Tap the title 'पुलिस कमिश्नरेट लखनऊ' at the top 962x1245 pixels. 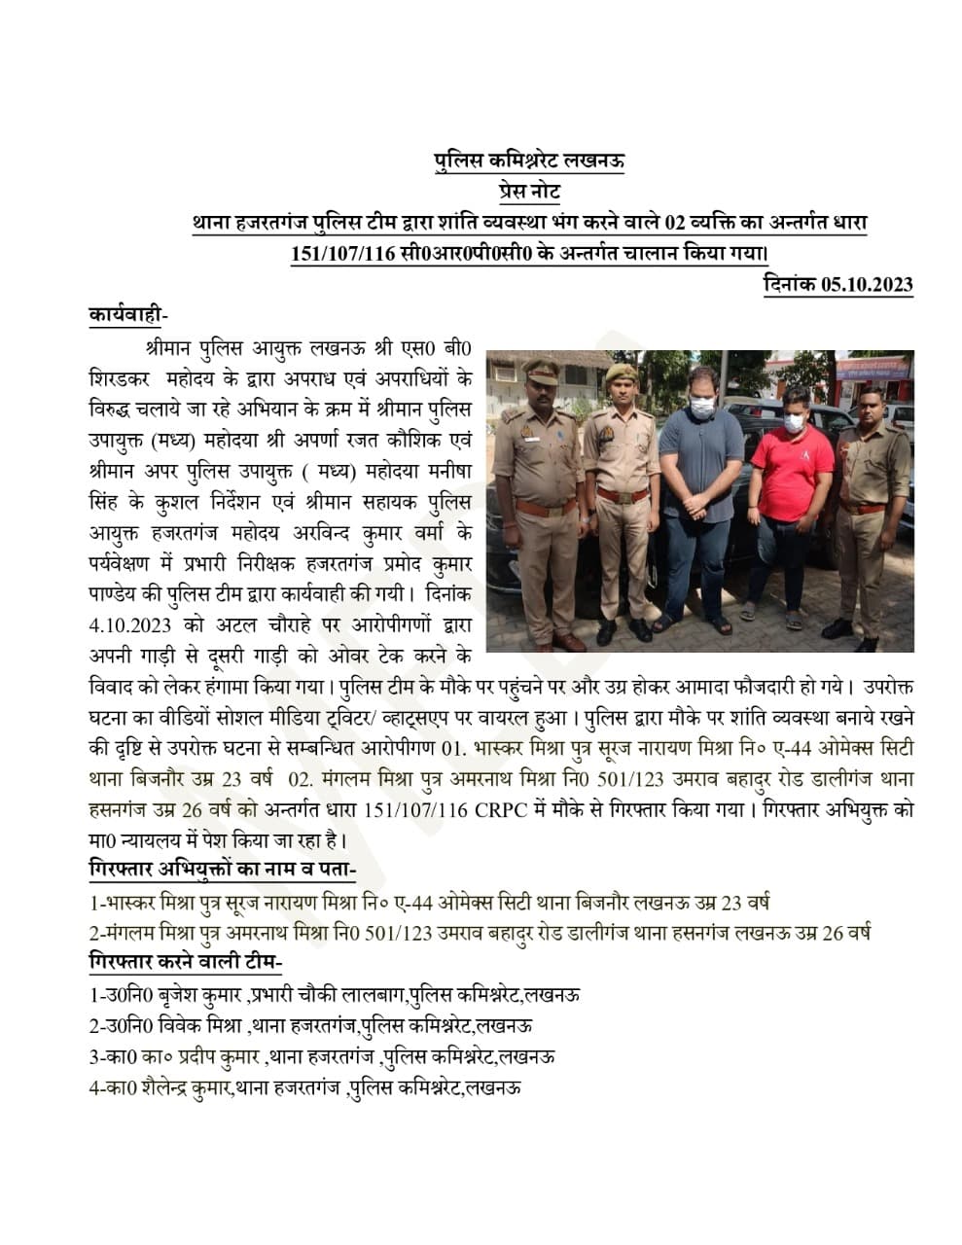tap(529, 160)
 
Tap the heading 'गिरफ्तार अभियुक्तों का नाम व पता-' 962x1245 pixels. tap(223, 868)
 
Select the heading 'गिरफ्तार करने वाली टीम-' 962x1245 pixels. tap(185, 962)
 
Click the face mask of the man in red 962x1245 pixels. tap(794, 423)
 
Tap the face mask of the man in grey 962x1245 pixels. tap(702, 409)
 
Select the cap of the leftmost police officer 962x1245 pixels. tap(540, 371)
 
